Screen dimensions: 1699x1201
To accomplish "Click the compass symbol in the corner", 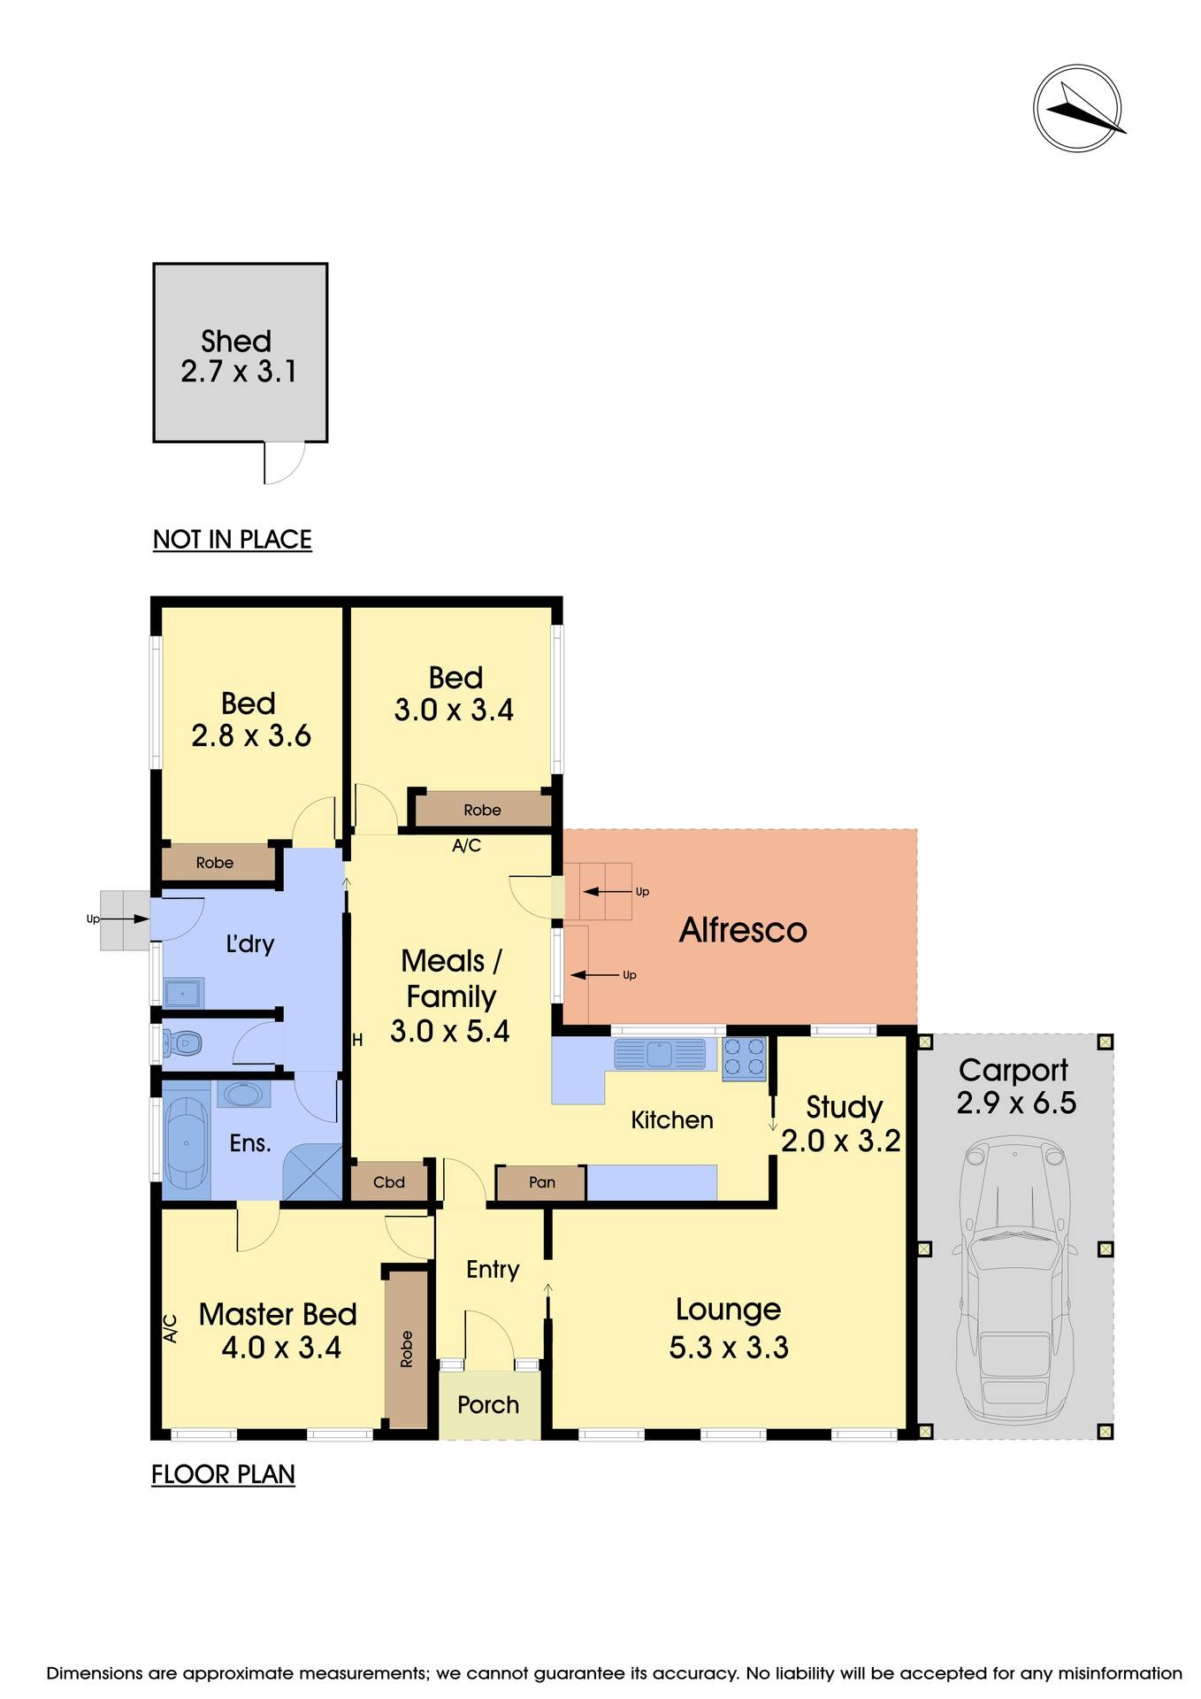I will coord(1077,108).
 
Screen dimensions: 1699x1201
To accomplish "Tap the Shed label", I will coord(236,342).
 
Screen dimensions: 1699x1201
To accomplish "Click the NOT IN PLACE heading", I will coord(232,539).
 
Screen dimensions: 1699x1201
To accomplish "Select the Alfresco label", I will coord(742,930).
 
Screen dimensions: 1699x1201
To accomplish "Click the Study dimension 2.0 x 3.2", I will coord(840,1141).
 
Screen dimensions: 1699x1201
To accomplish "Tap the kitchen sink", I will coord(660,1054).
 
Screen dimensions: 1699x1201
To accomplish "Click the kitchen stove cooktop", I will coord(744,1058).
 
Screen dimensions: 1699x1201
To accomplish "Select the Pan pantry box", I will coord(541,1182).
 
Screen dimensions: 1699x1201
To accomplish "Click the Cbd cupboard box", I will coord(389,1182).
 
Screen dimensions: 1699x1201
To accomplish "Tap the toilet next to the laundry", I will coord(184,1045).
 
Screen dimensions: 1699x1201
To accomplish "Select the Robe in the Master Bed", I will coord(406,1349).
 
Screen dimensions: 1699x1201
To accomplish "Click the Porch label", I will coord(488,1404).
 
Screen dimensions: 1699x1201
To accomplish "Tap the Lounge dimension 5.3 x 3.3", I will coord(729,1347).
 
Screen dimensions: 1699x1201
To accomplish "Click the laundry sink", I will coord(184,993).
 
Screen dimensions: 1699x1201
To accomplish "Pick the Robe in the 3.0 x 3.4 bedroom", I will coord(482,810).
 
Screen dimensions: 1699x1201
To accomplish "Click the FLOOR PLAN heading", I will coord(223,1474).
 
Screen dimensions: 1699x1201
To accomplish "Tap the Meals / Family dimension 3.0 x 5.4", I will coord(449,1031).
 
